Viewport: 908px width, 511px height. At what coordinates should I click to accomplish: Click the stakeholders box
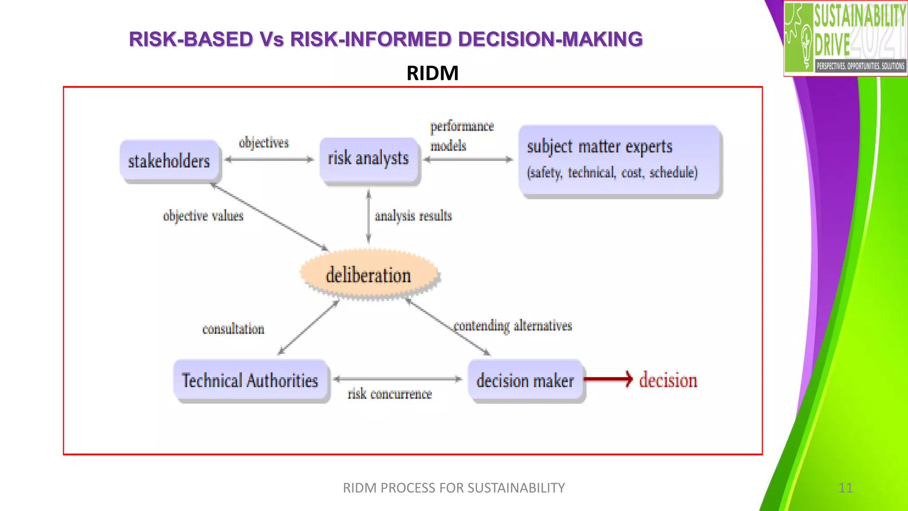coord(169,161)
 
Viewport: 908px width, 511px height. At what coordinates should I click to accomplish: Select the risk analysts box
coord(368,159)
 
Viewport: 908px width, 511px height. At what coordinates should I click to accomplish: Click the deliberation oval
coord(369,275)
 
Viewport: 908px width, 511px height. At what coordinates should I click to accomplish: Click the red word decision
coord(668,380)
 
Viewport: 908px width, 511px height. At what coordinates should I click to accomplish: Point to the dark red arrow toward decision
coord(608,379)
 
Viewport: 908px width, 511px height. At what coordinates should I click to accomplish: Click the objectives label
coord(264,143)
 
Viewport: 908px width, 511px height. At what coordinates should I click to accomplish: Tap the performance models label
coord(461,136)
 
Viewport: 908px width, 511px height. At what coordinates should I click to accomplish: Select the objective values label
coord(203,216)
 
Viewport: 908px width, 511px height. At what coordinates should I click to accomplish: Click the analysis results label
coord(413,216)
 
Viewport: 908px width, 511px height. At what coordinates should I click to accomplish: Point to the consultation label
coord(233,329)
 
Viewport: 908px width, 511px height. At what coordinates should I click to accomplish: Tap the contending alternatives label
coord(513,326)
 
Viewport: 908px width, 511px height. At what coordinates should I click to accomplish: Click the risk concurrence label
coord(390,394)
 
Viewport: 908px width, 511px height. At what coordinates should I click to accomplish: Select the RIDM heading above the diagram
coord(432,73)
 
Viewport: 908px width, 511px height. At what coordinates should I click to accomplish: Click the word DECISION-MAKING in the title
coord(550,39)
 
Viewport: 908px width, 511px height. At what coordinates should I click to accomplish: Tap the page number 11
coord(845,488)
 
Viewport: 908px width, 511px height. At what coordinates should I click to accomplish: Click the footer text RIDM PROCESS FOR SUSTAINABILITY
coord(454,488)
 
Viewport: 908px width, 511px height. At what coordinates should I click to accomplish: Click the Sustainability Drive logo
coord(845,38)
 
